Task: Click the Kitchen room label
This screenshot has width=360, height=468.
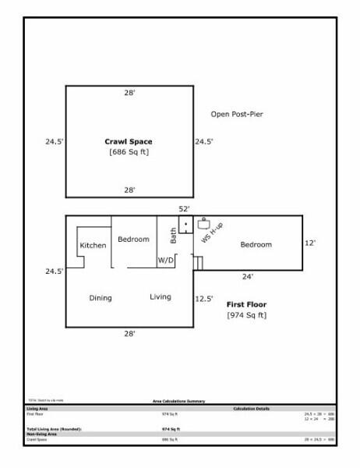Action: point(94,246)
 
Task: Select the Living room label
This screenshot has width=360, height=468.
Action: point(161,297)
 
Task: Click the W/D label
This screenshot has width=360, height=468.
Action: point(166,260)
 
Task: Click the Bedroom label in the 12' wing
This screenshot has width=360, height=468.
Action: point(256,245)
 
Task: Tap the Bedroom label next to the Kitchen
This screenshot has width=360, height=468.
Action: point(133,239)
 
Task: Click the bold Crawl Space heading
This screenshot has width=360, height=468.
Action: point(129,142)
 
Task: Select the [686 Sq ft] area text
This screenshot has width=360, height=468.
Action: point(129,152)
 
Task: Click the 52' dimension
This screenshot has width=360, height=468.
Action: point(185,209)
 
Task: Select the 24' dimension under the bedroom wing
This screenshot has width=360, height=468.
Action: point(247,275)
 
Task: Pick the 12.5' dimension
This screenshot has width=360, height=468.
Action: point(205,298)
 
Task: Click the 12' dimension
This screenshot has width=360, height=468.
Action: point(309,243)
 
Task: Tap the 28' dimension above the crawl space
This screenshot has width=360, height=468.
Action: point(129,92)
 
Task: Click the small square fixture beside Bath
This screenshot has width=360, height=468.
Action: point(186,225)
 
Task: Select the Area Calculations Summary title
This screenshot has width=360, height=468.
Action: point(179,399)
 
